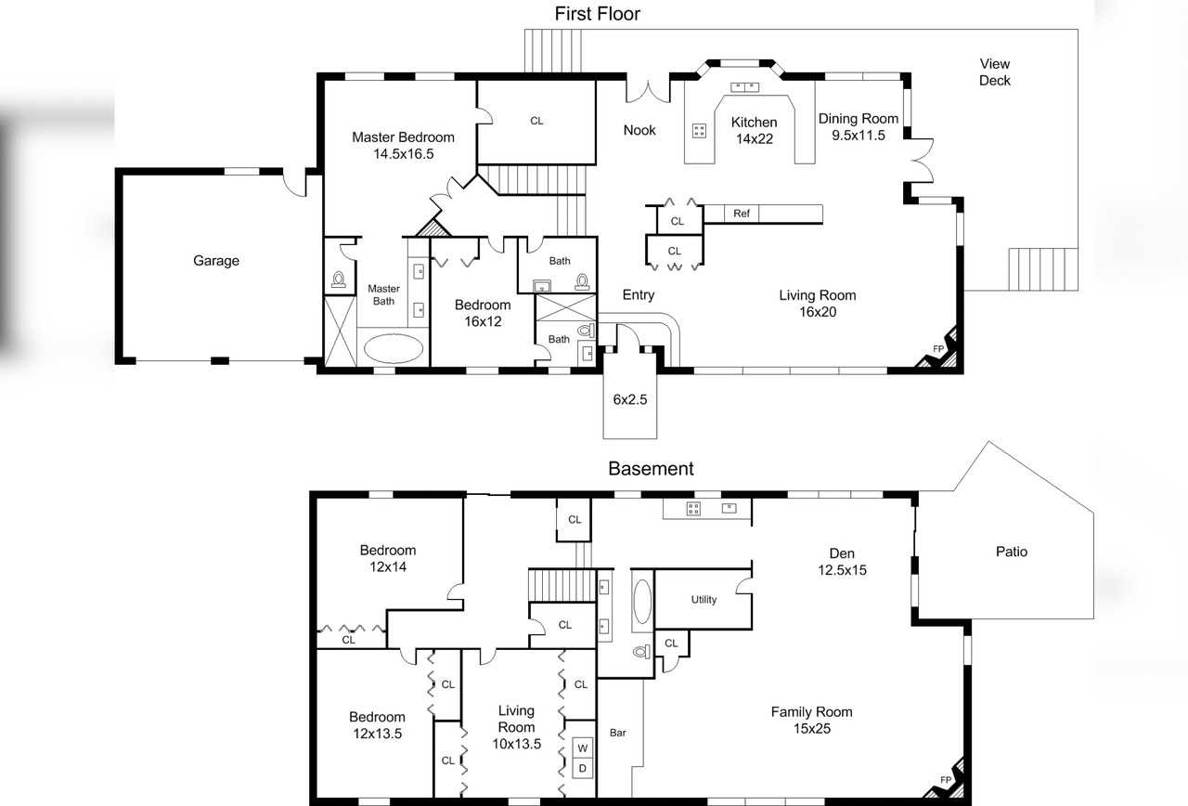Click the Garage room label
(x=216, y=261)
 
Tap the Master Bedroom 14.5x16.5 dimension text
(x=403, y=154)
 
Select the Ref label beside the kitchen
(x=742, y=214)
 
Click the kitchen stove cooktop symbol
(x=699, y=131)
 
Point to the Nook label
(x=639, y=130)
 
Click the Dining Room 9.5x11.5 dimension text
(x=859, y=136)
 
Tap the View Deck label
(x=994, y=72)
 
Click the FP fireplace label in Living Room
(x=938, y=348)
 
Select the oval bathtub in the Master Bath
(x=393, y=348)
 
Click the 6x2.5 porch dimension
(x=630, y=399)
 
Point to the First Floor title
(x=597, y=14)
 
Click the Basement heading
(x=651, y=469)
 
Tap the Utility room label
(x=704, y=600)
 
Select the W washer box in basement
(x=582, y=748)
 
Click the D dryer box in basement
(x=582, y=768)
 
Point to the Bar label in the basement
(x=618, y=733)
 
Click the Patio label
(x=1012, y=552)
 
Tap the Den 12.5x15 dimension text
(x=842, y=570)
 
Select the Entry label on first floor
(x=639, y=295)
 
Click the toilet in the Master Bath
(x=339, y=279)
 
